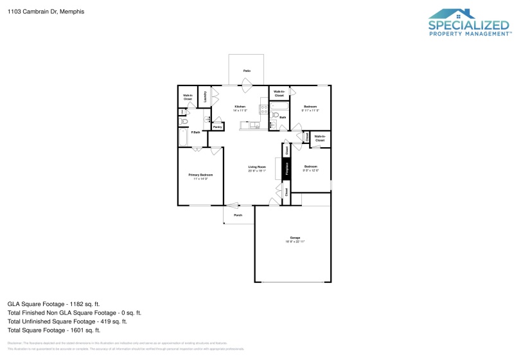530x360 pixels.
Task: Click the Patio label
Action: click(x=247, y=70)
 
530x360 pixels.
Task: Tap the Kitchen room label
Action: click(x=240, y=106)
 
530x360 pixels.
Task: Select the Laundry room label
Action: click(x=205, y=96)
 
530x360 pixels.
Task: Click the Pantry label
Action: click(x=217, y=127)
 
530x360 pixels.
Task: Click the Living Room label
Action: click(x=257, y=168)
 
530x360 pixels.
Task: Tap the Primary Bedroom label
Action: click(x=200, y=175)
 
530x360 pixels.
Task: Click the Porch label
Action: click(x=238, y=215)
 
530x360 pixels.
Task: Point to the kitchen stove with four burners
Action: click(x=263, y=109)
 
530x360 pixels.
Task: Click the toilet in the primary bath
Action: click(x=183, y=120)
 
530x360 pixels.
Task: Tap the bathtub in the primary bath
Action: click(x=183, y=138)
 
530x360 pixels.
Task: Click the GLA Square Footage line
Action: click(x=53, y=303)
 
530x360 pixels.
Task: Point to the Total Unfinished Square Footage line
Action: click(x=67, y=321)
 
